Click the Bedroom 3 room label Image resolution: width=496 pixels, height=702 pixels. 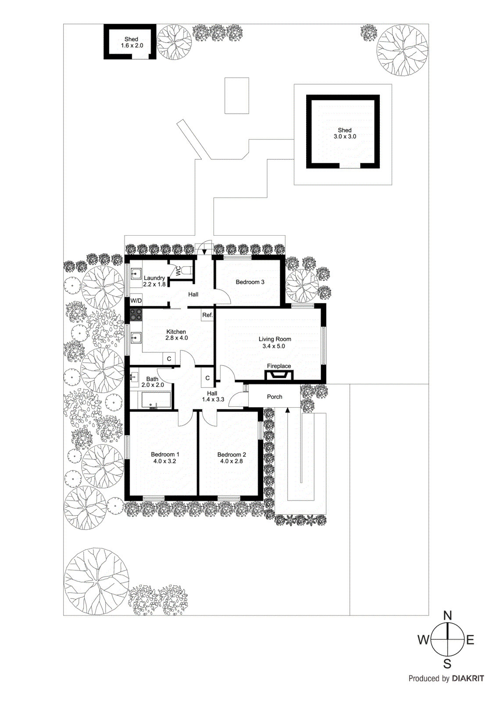[x=250, y=282]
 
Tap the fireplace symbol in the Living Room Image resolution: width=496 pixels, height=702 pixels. [x=279, y=376]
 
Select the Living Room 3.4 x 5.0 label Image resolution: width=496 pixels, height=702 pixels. [x=275, y=343]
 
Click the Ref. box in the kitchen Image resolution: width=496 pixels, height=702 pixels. [x=207, y=315]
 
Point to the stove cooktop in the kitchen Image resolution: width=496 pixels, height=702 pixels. [x=136, y=315]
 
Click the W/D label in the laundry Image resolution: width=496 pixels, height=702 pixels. [x=136, y=301]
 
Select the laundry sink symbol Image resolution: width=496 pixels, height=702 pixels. [x=136, y=274]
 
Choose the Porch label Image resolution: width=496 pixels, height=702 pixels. [x=275, y=397]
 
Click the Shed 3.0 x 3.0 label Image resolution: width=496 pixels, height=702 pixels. [x=345, y=133]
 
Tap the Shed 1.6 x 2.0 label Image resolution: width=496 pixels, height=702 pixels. [x=132, y=42]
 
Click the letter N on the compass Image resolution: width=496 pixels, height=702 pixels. [x=447, y=616]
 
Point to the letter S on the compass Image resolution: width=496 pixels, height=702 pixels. [x=447, y=663]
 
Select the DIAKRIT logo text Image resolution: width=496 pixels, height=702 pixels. [x=468, y=678]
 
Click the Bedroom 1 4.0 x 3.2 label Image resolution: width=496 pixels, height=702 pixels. [x=164, y=458]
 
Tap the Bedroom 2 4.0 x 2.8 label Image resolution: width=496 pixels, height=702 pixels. [x=232, y=458]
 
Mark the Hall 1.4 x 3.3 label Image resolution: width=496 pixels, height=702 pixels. [x=213, y=396]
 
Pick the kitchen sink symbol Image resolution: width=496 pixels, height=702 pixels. [x=136, y=337]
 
